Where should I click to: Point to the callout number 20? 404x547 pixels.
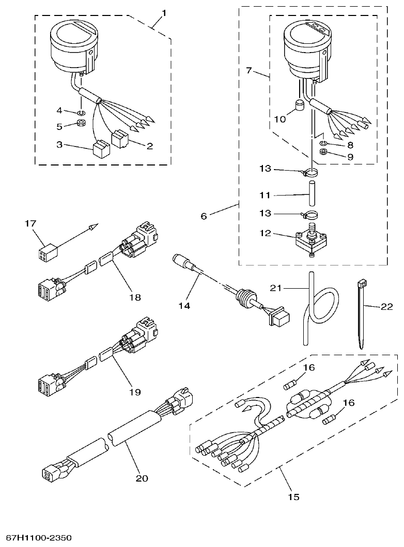click(x=142, y=478)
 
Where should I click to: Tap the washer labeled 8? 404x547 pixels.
click(x=322, y=143)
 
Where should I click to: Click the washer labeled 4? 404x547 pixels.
click(x=81, y=112)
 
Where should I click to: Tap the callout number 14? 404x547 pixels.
click(x=184, y=306)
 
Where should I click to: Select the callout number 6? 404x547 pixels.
click(x=204, y=216)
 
